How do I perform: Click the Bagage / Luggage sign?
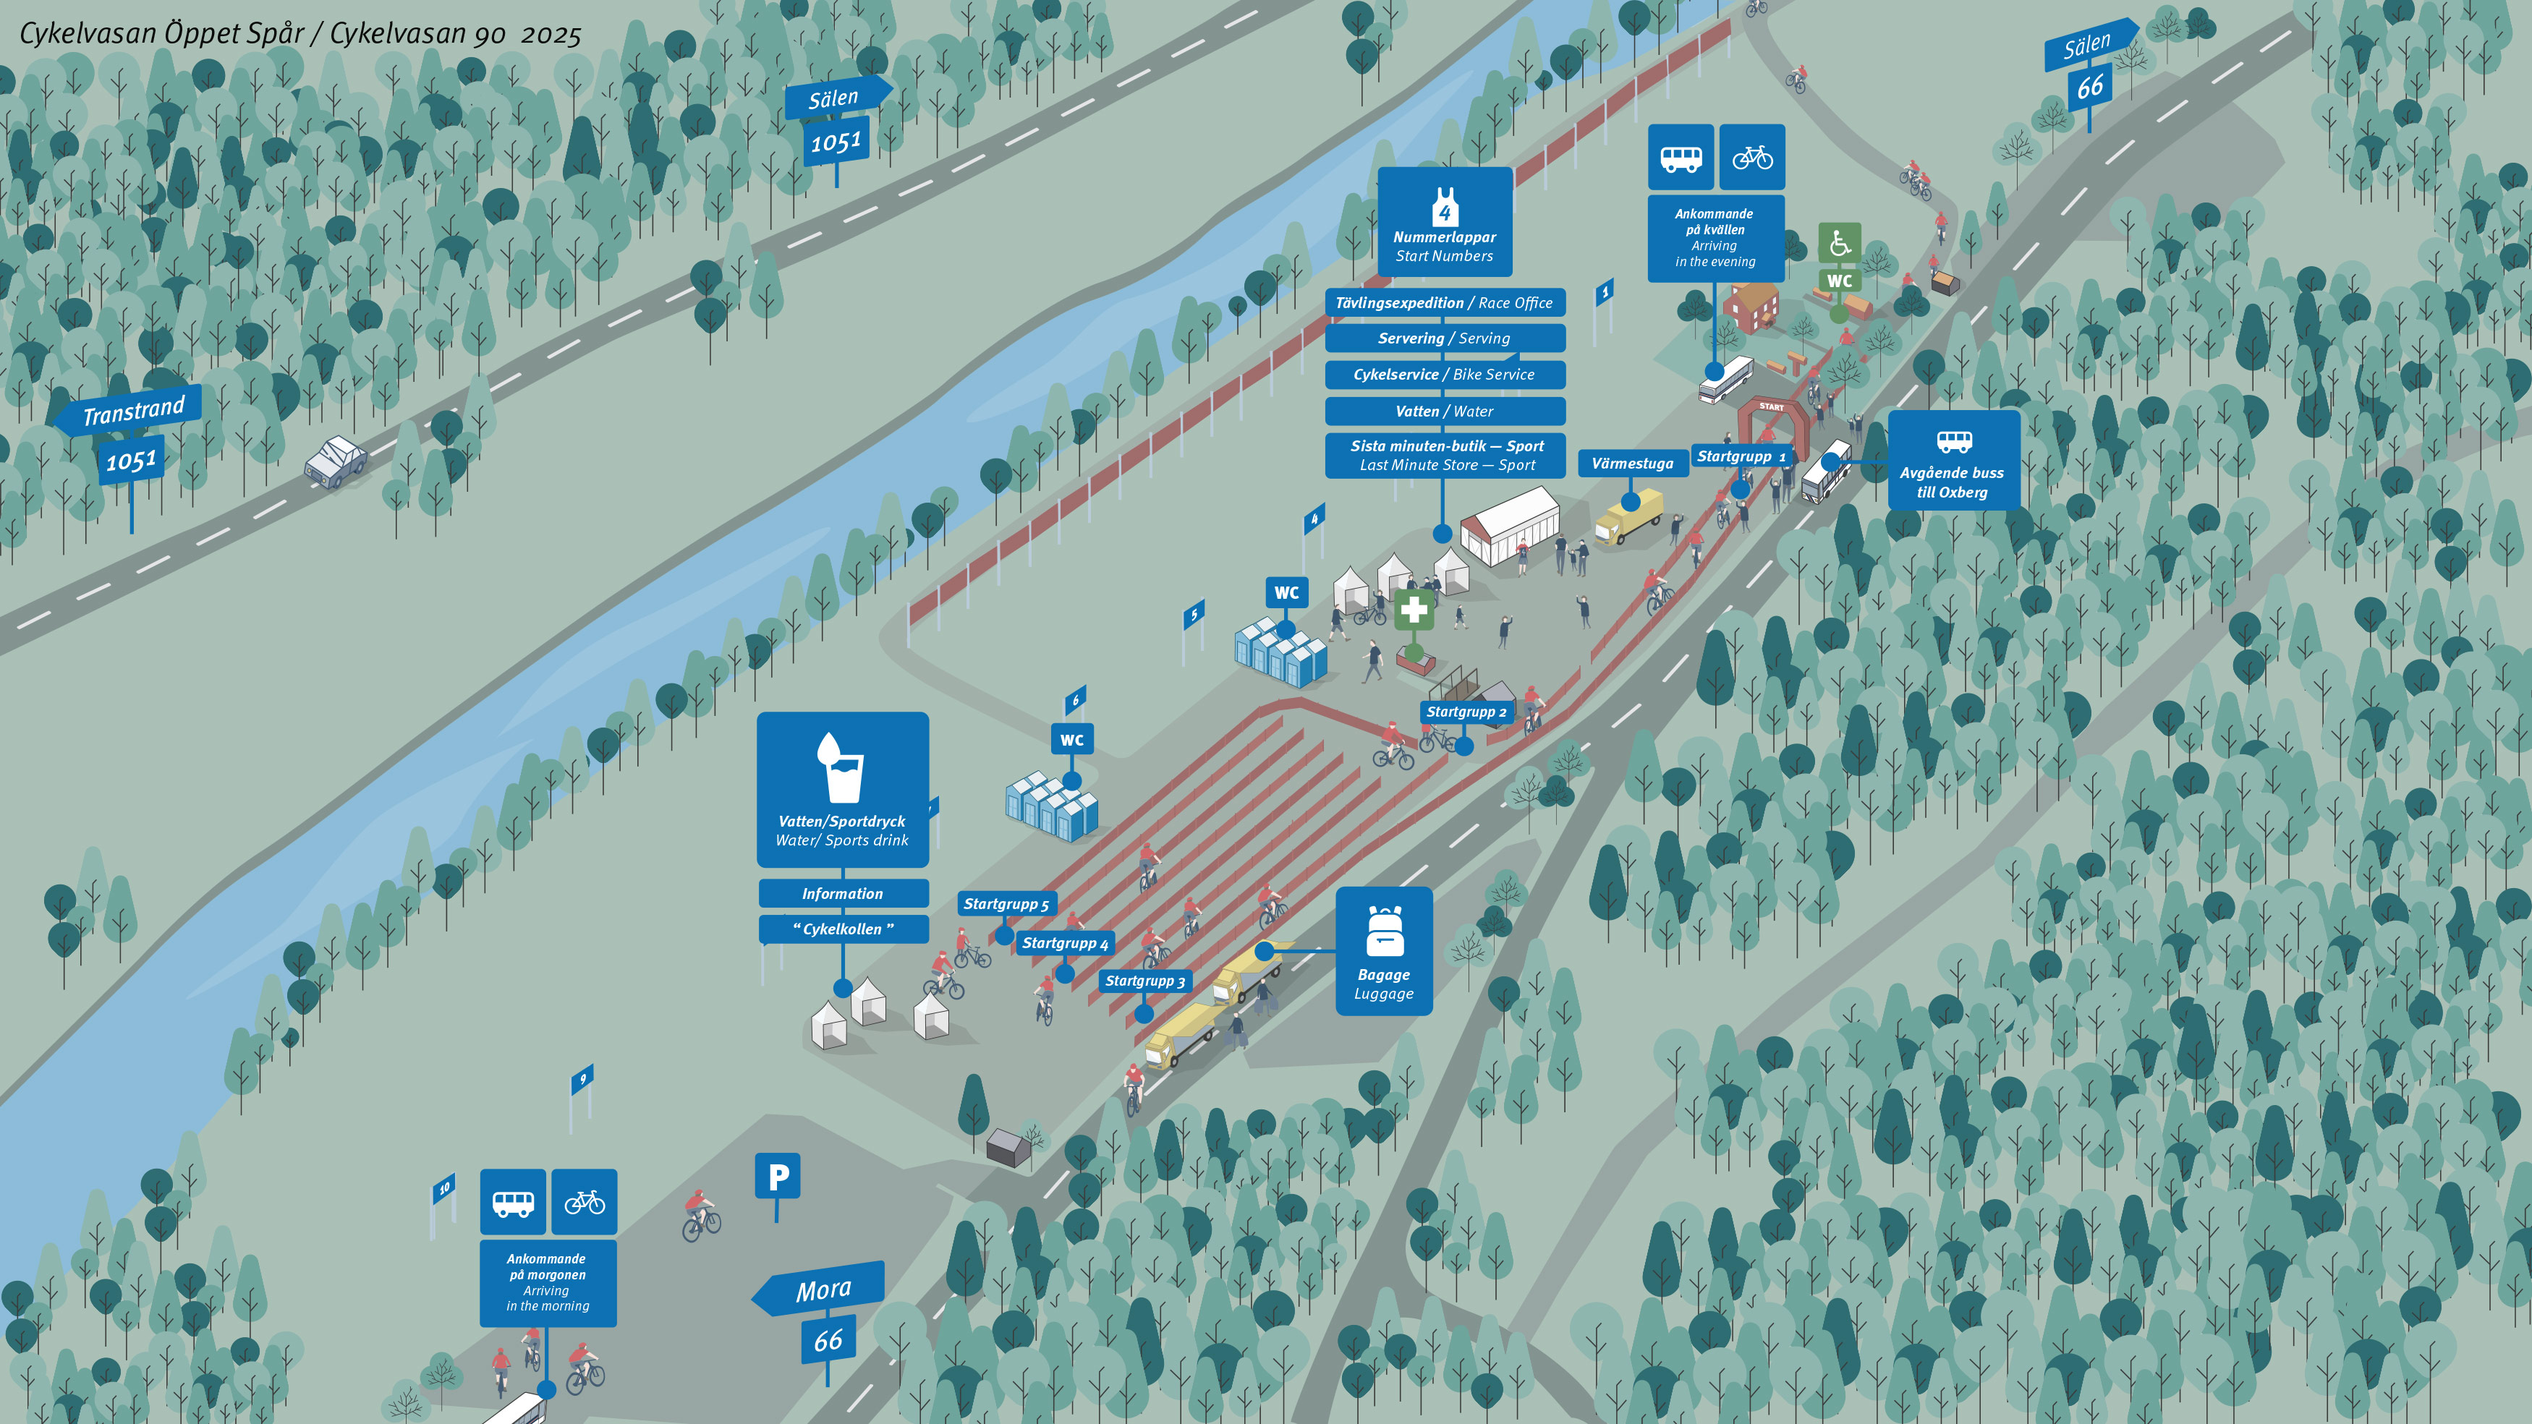pyautogui.click(x=1384, y=950)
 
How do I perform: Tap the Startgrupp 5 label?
pyautogui.click(x=1006, y=904)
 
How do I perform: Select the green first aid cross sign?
pyautogui.click(x=1414, y=609)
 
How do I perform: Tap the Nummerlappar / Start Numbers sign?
pyautogui.click(x=1445, y=221)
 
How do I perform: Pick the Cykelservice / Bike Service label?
pyautogui.click(x=1445, y=375)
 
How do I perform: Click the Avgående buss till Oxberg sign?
pyautogui.click(x=1954, y=460)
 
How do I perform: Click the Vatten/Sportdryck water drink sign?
pyautogui.click(x=842, y=789)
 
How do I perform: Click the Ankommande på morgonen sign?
pyautogui.click(x=548, y=1282)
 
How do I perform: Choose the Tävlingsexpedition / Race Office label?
pyautogui.click(x=1445, y=303)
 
